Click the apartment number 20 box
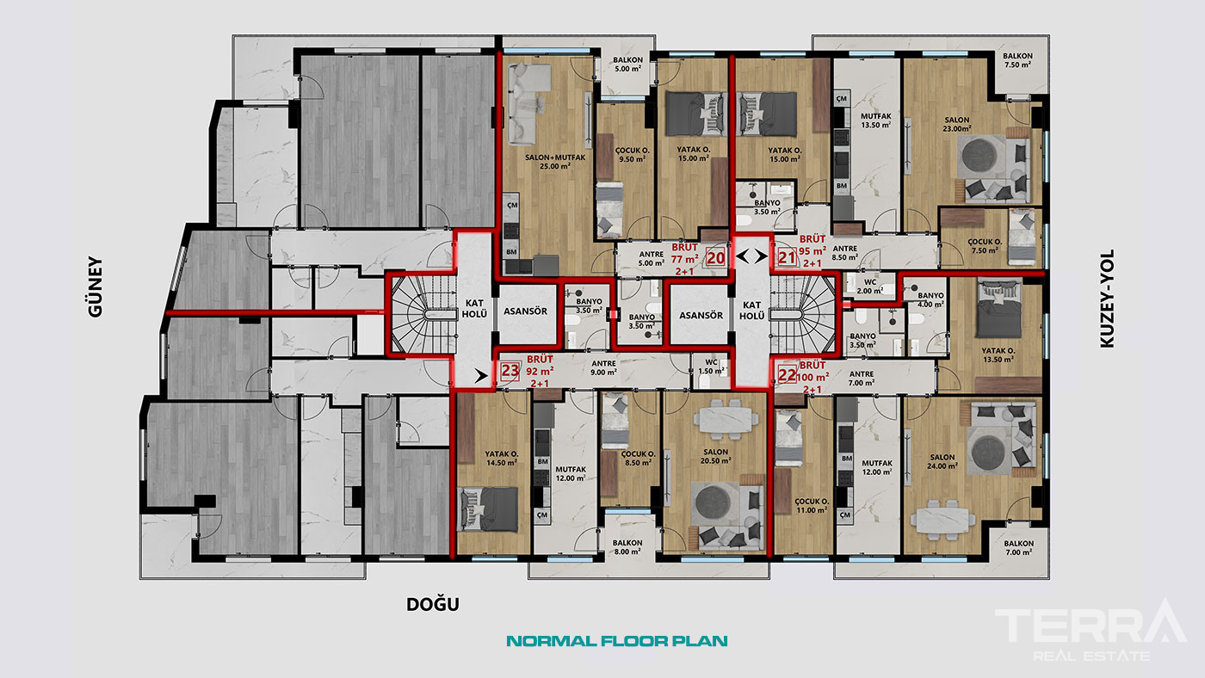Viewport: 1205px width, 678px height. pyautogui.click(x=715, y=258)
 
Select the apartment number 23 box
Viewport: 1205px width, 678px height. pyautogui.click(x=510, y=371)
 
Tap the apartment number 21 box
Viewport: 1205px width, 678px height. pyautogui.click(x=787, y=258)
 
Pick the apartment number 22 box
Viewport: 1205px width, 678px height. pyautogui.click(x=787, y=374)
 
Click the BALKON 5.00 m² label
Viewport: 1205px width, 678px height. pyautogui.click(x=627, y=65)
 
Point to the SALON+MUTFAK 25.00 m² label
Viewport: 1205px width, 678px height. pyautogui.click(x=555, y=162)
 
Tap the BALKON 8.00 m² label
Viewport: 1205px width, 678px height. pyautogui.click(x=627, y=547)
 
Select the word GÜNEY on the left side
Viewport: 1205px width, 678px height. pyautogui.click(x=96, y=287)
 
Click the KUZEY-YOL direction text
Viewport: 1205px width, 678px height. pyautogui.click(x=1106, y=299)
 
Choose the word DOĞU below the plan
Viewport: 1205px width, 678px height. pyautogui.click(x=432, y=604)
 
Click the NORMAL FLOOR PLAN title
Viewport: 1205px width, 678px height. pyautogui.click(x=617, y=641)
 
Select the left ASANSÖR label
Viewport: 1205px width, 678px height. pyautogui.click(x=526, y=311)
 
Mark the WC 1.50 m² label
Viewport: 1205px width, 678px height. pyautogui.click(x=711, y=367)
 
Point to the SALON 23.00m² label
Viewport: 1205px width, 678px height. pyautogui.click(x=956, y=124)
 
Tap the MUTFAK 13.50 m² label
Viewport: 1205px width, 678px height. pyautogui.click(x=876, y=120)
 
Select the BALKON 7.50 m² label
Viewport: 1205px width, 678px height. pyautogui.click(x=1017, y=59)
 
